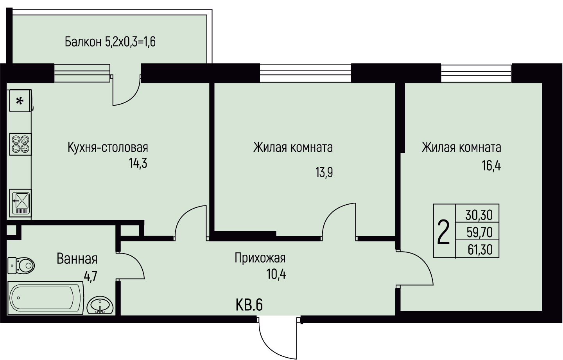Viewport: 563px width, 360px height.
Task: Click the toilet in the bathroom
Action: pyautogui.click(x=21, y=265)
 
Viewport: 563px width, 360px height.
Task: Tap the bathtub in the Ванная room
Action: pyautogui.click(x=45, y=298)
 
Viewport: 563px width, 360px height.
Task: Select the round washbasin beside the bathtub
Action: pyautogui.click(x=100, y=305)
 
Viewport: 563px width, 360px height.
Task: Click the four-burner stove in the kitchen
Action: pyautogui.click(x=21, y=144)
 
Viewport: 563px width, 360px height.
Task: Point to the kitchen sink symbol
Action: pyautogui.click(x=21, y=203)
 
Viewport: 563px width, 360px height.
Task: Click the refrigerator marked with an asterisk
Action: pyautogui.click(x=21, y=101)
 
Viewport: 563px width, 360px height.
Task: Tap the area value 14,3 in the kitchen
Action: pyautogui.click(x=138, y=163)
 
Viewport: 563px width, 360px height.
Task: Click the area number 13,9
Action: pyautogui.click(x=324, y=173)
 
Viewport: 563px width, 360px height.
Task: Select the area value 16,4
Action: pyautogui.click(x=491, y=166)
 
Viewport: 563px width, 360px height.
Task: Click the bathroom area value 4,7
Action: pyautogui.click(x=90, y=277)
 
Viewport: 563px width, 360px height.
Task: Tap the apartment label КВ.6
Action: pyautogui.click(x=249, y=305)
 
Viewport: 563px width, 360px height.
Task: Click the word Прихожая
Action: pyautogui.click(x=260, y=258)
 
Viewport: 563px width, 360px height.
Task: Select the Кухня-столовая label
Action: pyautogui.click(x=108, y=148)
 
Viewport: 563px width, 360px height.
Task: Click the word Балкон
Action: pyautogui.click(x=83, y=42)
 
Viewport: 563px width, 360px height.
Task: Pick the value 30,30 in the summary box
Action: pyautogui.click(x=479, y=215)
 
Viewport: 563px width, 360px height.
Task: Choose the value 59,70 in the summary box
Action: pyautogui.click(x=479, y=233)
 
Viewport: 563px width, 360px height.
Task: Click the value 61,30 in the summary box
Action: pyautogui.click(x=480, y=250)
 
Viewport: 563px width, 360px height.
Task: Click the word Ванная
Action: pyautogui.click(x=77, y=259)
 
